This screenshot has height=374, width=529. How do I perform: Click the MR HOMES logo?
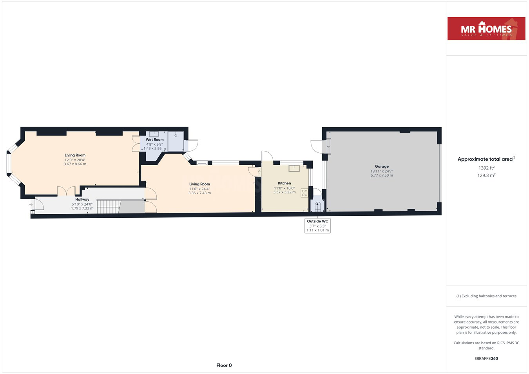tap(486, 29)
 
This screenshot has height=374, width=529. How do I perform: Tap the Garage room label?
tap(382, 166)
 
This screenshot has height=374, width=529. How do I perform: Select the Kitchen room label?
tap(284, 183)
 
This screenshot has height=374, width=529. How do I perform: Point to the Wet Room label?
tap(154, 139)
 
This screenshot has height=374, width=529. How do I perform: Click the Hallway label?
tap(82, 199)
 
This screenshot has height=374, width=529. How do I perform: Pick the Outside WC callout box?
tap(317, 226)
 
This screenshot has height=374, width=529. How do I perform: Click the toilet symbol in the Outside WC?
tap(318, 206)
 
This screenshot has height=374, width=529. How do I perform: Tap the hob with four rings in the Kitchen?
tap(304, 193)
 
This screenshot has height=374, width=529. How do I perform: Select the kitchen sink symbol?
tap(294, 168)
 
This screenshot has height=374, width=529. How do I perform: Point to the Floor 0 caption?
tap(224, 365)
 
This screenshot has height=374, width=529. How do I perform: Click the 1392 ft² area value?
tap(486, 168)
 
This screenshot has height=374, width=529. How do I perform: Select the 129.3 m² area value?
tap(486, 175)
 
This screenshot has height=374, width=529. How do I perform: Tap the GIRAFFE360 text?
tap(486, 358)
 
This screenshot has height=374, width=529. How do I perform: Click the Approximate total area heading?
tap(486, 159)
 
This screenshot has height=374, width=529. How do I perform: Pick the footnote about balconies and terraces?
tap(486, 296)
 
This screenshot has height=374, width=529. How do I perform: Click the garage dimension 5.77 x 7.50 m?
tap(382, 175)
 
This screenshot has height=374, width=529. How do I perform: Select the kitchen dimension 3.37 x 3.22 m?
tap(284, 192)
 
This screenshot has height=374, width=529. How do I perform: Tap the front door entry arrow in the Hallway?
tap(31, 204)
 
